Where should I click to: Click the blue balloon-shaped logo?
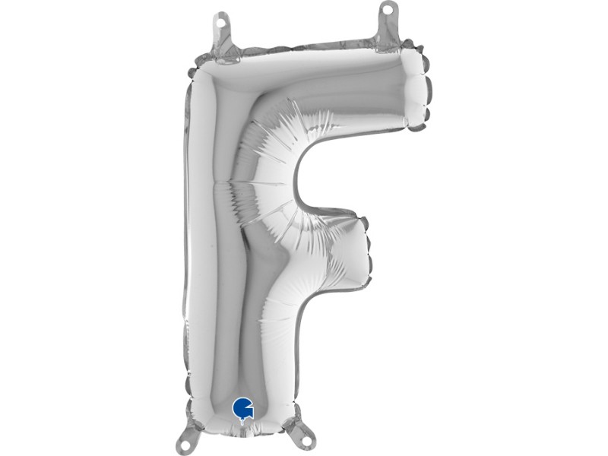point(242,407)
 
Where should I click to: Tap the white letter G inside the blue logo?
point(242,406)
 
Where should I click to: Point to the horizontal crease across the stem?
point(220,182)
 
